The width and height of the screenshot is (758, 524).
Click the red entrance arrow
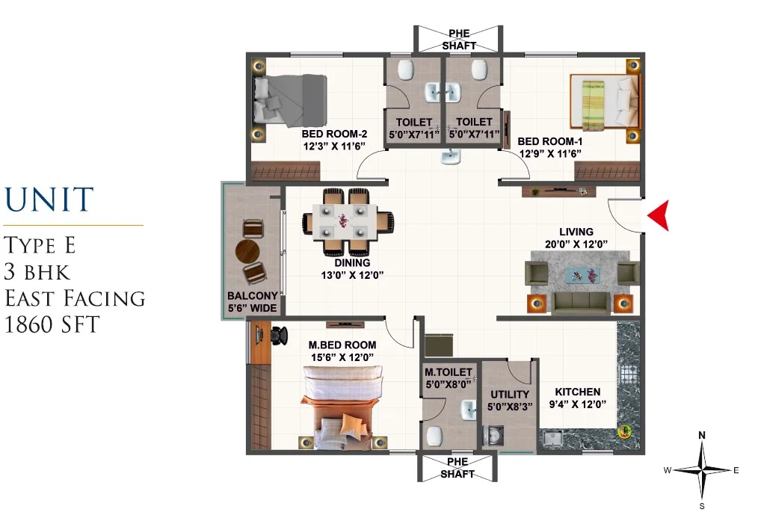click(x=658, y=215)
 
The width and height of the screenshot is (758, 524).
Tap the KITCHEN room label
click(x=578, y=392)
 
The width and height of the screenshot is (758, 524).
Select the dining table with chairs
click(x=348, y=221)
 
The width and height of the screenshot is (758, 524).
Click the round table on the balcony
click(x=247, y=251)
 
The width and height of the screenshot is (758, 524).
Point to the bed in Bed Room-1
click(x=605, y=102)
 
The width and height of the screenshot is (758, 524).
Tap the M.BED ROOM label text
click(x=342, y=345)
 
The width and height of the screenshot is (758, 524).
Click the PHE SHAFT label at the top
click(x=459, y=40)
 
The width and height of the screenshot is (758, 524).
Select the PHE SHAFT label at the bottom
click(x=457, y=468)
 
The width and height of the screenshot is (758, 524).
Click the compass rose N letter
click(x=702, y=436)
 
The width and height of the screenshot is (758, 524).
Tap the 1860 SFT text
click(x=52, y=324)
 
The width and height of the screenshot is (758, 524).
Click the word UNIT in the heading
click(x=49, y=199)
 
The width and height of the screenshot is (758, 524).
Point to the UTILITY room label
click(x=510, y=395)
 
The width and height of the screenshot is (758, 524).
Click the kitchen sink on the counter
click(x=552, y=437)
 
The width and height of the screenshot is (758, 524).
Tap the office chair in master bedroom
click(x=279, y=335)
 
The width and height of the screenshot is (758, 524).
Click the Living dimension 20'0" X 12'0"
click(x=576, y=244)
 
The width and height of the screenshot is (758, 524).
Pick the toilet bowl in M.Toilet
click(x=434, y=437)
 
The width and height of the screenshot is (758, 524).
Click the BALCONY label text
click(x=253, y=296)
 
